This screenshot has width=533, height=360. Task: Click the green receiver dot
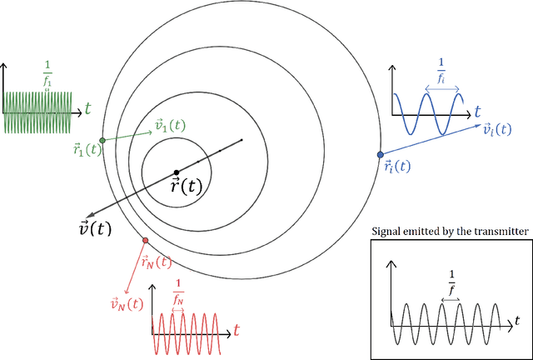102,141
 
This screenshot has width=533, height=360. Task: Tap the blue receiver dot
381,154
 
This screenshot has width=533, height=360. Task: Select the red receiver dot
146,241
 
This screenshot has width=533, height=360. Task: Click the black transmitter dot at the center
176,172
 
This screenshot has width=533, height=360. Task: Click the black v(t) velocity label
94,227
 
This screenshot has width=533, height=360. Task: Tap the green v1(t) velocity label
171,126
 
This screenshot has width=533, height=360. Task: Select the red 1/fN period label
178,297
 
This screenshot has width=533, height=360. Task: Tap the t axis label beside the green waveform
87,107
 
